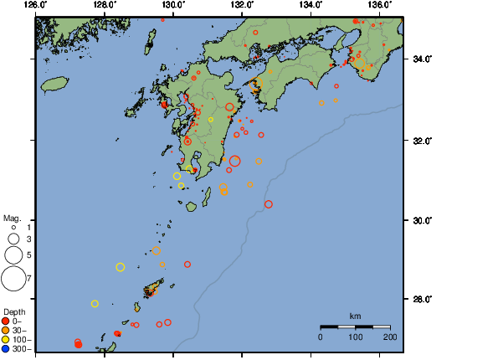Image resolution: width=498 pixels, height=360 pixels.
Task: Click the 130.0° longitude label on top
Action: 173,5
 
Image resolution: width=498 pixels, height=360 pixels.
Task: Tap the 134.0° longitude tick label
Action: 311,5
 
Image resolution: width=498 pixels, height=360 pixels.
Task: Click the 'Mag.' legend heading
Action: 13,217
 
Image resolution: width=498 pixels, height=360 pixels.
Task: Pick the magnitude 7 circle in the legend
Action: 13,277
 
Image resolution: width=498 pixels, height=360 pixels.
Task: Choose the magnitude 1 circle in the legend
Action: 13,227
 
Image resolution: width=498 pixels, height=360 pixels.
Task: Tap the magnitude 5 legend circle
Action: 13,254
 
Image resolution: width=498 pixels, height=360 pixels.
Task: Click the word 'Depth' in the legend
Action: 14,311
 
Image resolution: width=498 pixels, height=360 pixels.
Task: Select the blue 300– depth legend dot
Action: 6,348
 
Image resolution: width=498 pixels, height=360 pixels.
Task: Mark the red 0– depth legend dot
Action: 6,321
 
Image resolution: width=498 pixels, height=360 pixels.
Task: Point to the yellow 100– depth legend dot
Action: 6,339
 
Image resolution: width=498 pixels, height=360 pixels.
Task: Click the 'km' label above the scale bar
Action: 355,316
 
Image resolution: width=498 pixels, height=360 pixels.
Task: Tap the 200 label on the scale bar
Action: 389,337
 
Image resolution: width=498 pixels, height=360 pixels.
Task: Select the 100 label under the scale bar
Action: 355,337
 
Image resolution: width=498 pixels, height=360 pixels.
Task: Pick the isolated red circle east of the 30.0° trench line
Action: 269,204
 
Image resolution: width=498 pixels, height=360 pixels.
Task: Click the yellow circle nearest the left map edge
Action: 95,304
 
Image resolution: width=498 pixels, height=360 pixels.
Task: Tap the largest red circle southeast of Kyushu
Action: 235,161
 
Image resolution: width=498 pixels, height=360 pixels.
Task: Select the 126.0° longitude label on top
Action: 36,5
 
